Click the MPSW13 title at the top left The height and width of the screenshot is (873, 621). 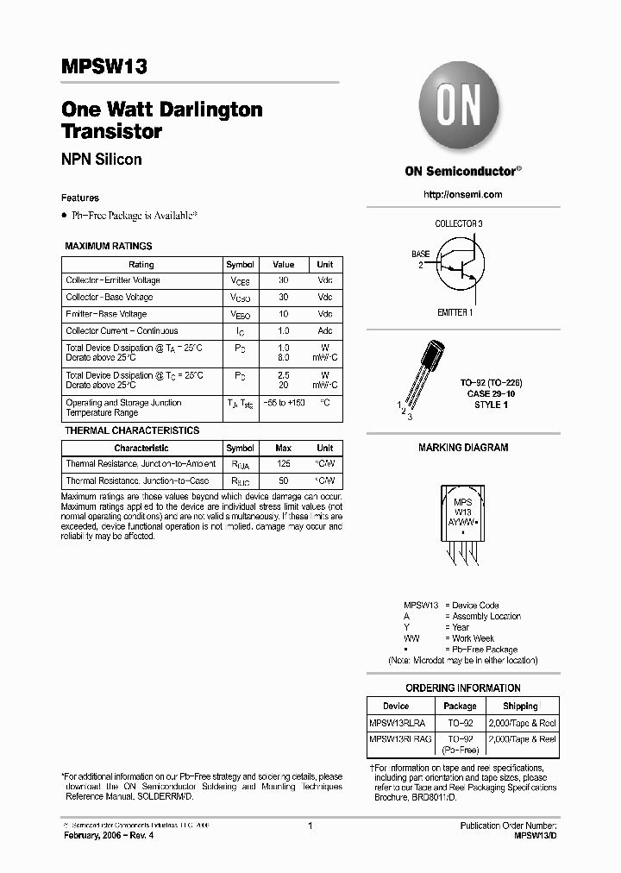pyautogui.click(x=97, y=68)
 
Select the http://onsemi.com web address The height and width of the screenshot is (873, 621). pyautogui.click(x=463, y=194)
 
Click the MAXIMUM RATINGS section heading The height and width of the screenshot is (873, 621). pyautogui.click(x=109, y=246)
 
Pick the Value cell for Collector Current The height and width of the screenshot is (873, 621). pyautogui.click(x=283, y=331)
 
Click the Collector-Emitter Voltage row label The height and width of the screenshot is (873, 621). pyautogui.click(x=113, y=280)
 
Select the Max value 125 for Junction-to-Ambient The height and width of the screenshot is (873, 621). pyautogui.click(x=283, y=464)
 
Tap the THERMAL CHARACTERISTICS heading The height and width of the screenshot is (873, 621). pyautogui.click(x=132, y=430)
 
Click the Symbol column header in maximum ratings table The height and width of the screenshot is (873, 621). pyautogui.click(x=240, y=264)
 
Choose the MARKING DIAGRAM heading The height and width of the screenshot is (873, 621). pyautogui.click(x=463, y=448)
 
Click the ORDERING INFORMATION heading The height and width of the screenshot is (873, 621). pyautogui.click(x=463, y=688)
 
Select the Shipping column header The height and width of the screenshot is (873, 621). pyautogui.click(x=520, y=706)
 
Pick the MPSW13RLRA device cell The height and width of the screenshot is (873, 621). pyautogui.click(x=397, y=723)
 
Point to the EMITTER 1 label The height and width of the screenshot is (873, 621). pyautogui.click(x=455, y=312)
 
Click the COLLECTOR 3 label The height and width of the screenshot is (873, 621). pyautogui.click(x=459, y=224)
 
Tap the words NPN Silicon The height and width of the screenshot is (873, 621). pyautogui.click(x=102, y=160)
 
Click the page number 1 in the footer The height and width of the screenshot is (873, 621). pyautogui.click(x=310, y=826)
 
